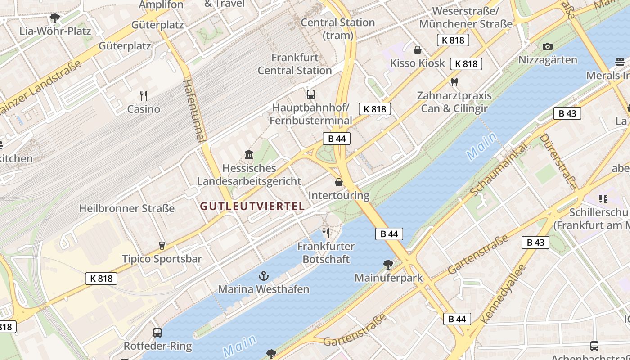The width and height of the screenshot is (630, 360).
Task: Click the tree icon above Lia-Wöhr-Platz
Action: [55, 18]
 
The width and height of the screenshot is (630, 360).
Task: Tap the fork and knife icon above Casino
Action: [144, 95]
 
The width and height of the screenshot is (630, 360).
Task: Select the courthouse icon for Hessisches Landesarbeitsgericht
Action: [249, 155]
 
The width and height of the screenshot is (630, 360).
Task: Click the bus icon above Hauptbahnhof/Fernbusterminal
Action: [311, 94]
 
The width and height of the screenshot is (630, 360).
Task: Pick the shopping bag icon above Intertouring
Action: [339, 182]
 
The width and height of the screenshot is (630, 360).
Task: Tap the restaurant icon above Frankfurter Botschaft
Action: [326, 233]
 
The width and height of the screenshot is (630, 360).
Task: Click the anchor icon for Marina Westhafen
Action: [264, 275]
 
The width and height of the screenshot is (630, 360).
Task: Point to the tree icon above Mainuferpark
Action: [388, 264]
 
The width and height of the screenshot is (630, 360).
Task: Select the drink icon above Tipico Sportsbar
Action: [162, 245]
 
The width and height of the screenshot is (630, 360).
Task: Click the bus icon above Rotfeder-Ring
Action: [157, 333]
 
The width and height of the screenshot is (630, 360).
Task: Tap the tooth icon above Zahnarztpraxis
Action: [454, 82]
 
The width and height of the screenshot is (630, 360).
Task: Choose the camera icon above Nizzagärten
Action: [548, 46]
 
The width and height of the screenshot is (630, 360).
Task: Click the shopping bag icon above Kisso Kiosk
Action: [418, 49]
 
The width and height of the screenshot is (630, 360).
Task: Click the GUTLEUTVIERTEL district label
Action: [252, 207]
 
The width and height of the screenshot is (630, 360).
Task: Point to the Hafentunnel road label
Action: [195, 111]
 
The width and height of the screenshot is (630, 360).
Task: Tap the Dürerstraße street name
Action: [558, 161]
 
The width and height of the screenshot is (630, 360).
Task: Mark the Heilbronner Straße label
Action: [127, 208]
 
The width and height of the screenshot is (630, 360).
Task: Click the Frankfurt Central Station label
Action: [295, 64]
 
